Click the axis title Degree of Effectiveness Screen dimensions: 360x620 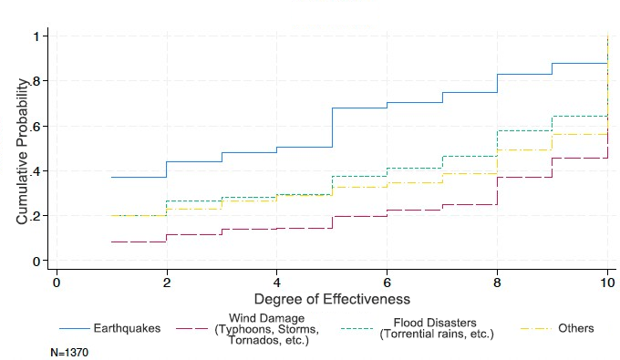(x=332, y=298)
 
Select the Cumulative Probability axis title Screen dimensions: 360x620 (x=22, y=149)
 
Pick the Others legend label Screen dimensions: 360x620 (x=575, y=328)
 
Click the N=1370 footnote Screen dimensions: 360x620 (x=70, y=350)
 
